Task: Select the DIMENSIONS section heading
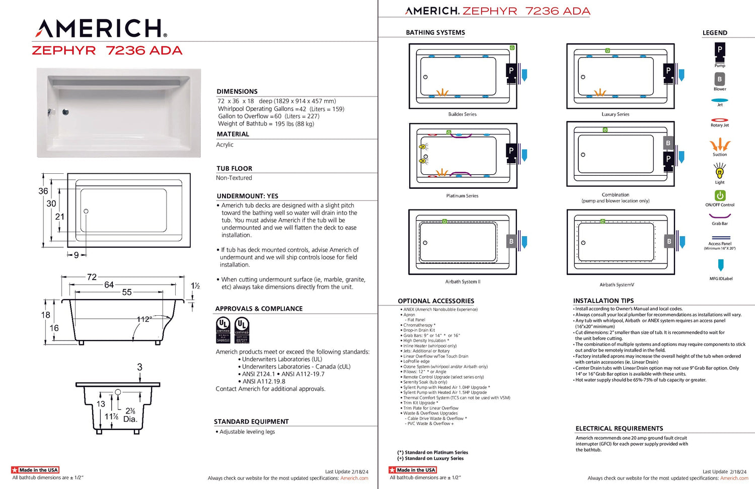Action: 237,91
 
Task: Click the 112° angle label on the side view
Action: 144,319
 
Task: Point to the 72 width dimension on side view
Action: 92,277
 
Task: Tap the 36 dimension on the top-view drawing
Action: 43,191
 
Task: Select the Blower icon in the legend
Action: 720,79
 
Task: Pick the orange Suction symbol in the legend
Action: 720,145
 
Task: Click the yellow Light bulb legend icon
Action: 720,172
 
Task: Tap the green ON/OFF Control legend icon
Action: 720,195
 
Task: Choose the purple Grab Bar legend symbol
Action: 720,216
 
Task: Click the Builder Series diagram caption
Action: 462,114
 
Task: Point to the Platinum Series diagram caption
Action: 462,196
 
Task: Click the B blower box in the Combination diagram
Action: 668,143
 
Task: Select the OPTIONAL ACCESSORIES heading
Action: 436,301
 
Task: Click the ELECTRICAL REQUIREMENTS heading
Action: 619,429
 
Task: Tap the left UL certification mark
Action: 223,330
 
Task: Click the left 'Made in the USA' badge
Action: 35,470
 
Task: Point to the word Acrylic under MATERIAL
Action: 225,145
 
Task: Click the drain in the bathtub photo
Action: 65,112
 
